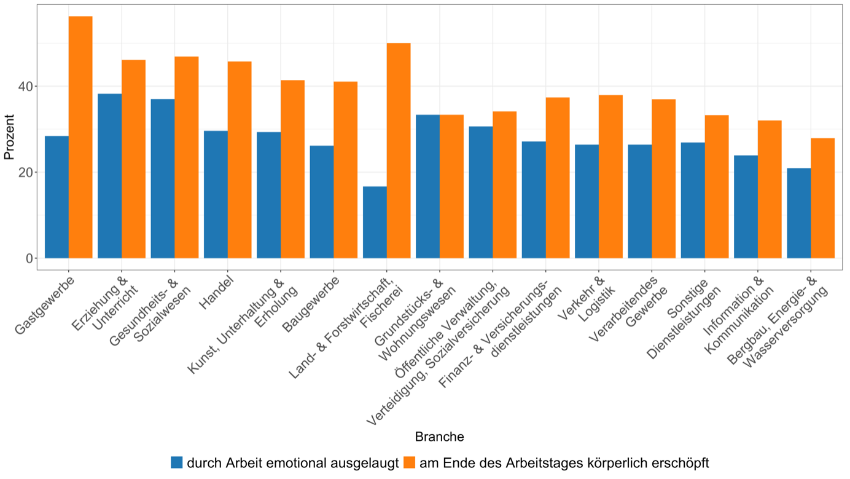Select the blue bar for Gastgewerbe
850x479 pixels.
[x=57, y=197]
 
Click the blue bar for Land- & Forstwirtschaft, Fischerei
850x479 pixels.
[x=375, y=222]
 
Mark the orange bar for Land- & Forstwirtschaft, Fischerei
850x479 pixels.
[x=399, y=151]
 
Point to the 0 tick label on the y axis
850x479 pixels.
[x=29, y=258]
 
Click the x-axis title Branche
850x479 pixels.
[x=439, y=437]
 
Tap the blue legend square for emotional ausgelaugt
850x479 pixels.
[x=177, y=462]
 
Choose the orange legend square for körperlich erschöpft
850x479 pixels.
[x=410, y=462]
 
